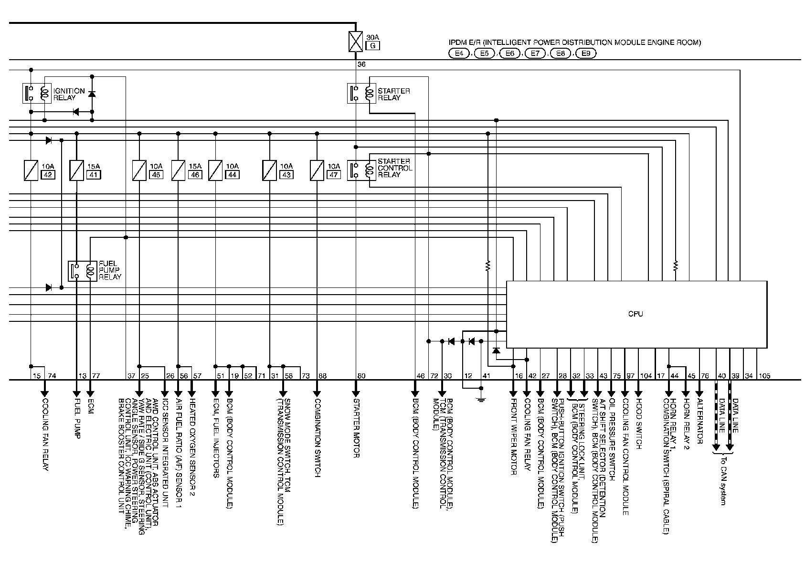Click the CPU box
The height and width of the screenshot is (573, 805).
[x=636, y=314]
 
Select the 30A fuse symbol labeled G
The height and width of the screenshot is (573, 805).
[x=356, y=41]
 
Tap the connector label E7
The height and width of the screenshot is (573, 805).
[x=535, y=53]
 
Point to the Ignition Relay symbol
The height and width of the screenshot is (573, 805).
[x=37, y=93]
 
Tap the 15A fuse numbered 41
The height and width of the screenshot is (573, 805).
[x=77, y=170]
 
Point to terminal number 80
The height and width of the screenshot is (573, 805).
[x=361, y=376]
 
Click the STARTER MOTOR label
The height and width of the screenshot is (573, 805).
[x=356, y=427]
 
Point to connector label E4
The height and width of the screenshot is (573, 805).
[x=459, y=53]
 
